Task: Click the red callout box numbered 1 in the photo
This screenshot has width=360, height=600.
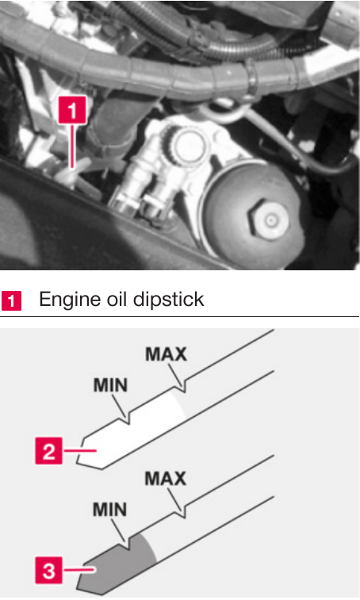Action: [x=72, y=110]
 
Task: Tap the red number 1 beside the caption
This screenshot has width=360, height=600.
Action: [x=11, y=300]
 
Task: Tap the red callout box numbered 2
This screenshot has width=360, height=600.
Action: [x=48, y=451]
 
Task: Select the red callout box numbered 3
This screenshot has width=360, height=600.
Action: [x=48, y=571]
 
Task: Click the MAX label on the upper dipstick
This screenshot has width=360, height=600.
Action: [x=167, y=354]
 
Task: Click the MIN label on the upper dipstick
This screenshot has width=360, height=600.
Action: [x=110, y=385]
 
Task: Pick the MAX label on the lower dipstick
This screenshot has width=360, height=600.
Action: [x=166, y=479]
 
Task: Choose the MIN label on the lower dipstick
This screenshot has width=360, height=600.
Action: [x=110, y=510]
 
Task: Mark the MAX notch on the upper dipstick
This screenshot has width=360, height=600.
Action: [x=184, y=388]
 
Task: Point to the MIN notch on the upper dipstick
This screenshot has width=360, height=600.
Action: [x=128, y=419]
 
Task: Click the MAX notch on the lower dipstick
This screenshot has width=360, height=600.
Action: [x=184, y=512]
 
